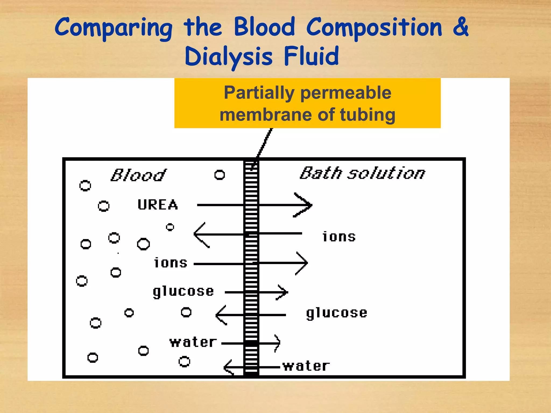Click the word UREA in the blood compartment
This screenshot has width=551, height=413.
158,205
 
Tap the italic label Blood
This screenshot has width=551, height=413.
138,175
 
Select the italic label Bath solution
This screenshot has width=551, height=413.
362,173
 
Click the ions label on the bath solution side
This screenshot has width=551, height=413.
339,237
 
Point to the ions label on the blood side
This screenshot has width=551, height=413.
171,263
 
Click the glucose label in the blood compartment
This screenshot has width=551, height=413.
183,292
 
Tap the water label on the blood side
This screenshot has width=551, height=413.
193,342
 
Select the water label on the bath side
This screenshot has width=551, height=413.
306,366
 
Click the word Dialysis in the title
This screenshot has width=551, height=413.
229,56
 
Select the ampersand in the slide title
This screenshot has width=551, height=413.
461,27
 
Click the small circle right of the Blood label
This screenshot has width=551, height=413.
220,175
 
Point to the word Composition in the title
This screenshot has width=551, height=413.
374,27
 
